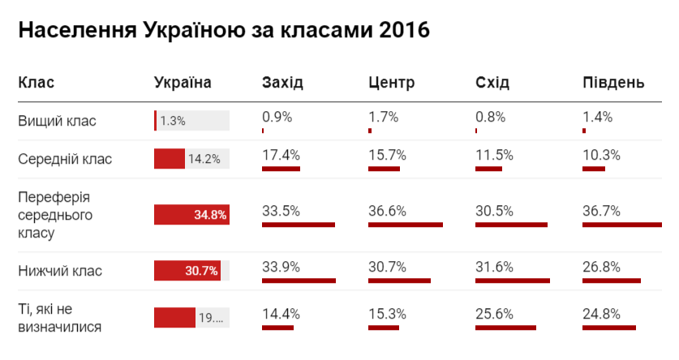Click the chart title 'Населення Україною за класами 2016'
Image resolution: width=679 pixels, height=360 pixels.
tap(223, 32)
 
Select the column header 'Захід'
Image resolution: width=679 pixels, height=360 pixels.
tap(283, 83)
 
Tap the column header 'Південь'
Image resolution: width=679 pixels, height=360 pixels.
tap(613, 83)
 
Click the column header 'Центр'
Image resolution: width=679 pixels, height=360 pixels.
tap(391, 83)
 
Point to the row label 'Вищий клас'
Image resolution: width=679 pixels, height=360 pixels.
tap(57, 121)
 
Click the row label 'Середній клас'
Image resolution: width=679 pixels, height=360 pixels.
tap(65, 159)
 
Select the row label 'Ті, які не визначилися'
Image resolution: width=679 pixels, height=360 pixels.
tap(60, 319)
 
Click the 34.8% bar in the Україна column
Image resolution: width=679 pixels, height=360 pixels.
tap(191, 215)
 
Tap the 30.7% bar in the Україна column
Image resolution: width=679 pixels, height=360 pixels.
tap(187, 271)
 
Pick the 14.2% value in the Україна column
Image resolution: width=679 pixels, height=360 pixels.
tap(204, 159)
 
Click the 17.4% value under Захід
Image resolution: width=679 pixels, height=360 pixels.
tap(281, 154)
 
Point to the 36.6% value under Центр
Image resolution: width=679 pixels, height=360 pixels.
tap(388, 211)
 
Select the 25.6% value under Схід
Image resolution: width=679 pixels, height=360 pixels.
tap(495, 313)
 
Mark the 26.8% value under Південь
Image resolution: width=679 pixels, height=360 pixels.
tap(601, 267)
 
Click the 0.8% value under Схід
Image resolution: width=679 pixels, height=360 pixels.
tap(491, 117)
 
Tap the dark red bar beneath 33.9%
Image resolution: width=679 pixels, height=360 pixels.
tap(299, 281)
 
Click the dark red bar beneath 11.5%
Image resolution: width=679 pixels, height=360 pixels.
tap(488, 169)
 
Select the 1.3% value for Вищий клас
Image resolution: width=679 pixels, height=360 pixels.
tap(173, 121)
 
